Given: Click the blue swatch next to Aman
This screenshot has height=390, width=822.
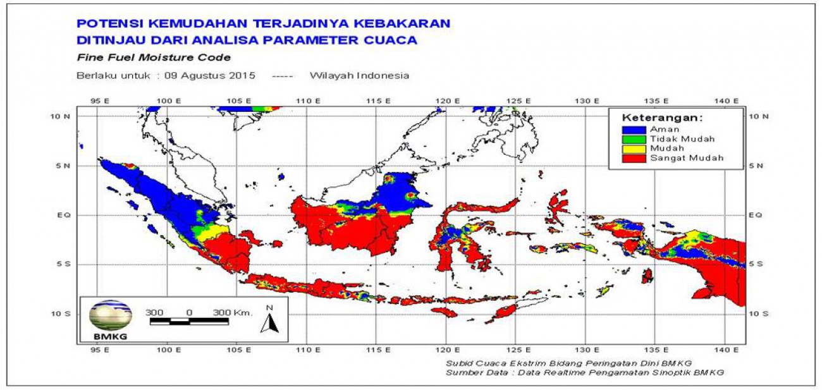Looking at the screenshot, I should point(635,130).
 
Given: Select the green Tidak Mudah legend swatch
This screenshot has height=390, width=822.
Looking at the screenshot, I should point(635,139).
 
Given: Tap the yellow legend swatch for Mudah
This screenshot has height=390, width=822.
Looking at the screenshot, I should point(635,149).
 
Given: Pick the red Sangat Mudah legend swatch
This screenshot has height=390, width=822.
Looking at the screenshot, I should point(635,158).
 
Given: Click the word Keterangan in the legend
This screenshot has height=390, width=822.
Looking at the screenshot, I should point(662,118).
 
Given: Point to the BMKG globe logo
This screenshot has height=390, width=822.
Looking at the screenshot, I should point(110,315).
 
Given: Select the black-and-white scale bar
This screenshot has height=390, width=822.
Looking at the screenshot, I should point(189,322).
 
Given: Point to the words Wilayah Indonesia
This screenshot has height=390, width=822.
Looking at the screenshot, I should point(359,76).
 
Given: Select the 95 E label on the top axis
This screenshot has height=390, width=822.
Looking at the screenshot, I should point(98,101).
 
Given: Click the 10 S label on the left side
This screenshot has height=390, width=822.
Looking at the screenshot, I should point(64,314).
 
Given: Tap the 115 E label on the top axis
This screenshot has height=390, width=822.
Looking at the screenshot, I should point(377,101).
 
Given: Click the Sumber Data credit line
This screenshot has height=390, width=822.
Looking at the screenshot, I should point(584,373).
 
